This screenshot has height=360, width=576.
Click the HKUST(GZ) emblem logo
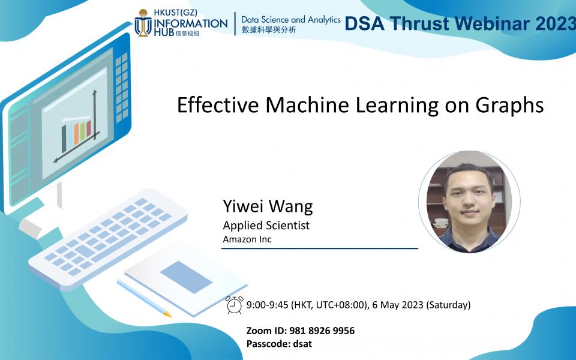pos(143,23)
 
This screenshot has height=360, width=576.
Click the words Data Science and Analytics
pos(291,20)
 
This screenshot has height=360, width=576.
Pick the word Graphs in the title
pos(510,106)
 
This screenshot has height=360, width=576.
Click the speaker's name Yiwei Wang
pos(268,207)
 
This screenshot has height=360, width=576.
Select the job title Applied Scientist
pos(266,226)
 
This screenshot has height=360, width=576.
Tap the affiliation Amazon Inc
pos(247,239)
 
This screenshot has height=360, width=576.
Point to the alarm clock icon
pos(235,305)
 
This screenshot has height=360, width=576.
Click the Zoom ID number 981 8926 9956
pos(322,331)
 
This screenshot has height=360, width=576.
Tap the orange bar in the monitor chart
pos(76,133)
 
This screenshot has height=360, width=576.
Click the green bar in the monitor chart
pos(83,130)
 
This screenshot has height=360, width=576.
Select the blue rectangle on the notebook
pos(186,277)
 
